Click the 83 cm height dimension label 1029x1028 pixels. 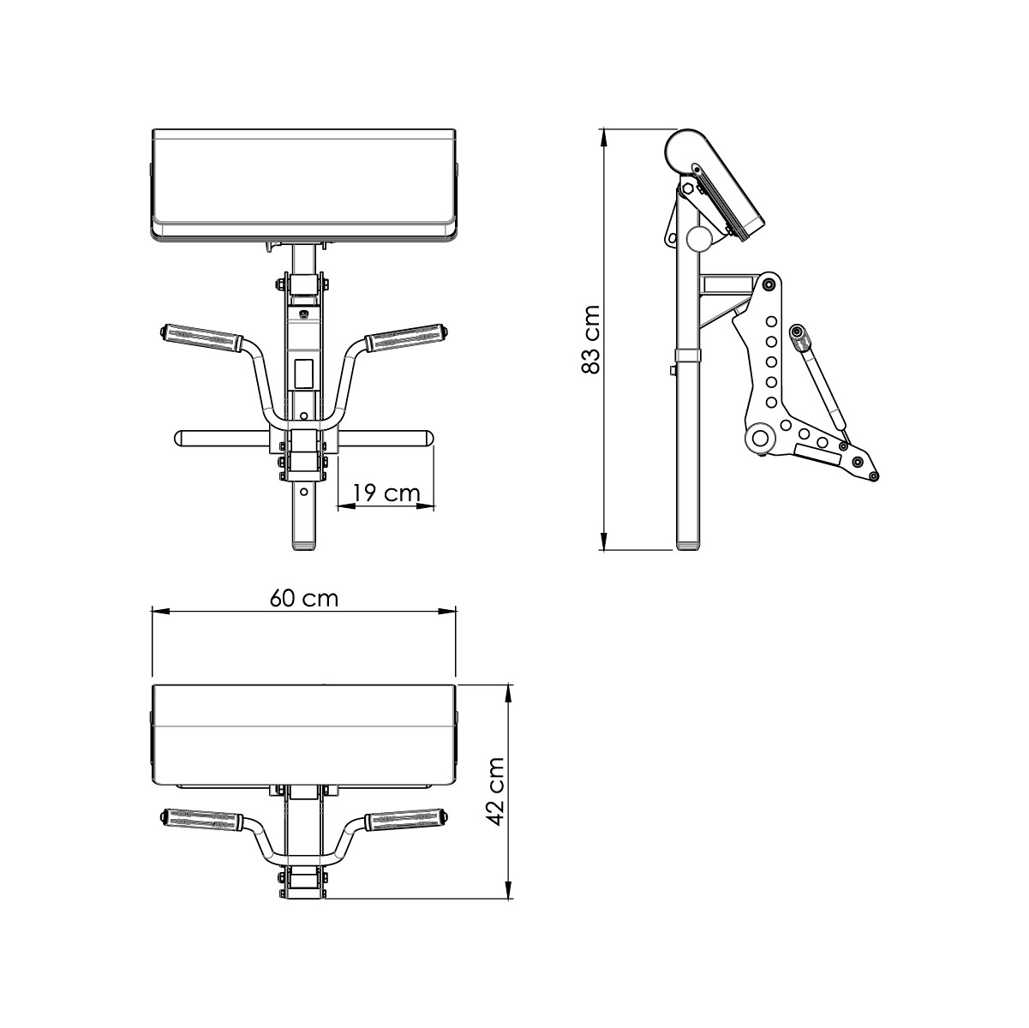tap(590, 339)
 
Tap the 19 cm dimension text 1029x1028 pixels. tap(386, 493)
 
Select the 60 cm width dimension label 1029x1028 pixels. tap(304, 598)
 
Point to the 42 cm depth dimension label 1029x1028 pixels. tap(494, 791)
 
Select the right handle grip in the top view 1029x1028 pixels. tap(406, 820)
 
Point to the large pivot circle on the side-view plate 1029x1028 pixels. tap(759, 439)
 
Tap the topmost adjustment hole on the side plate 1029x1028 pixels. tap(771, 321)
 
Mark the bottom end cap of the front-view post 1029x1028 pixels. tap(304, 544)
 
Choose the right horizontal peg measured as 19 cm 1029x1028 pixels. tap(386, 438)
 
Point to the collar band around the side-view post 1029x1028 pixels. tap(689, 355)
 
